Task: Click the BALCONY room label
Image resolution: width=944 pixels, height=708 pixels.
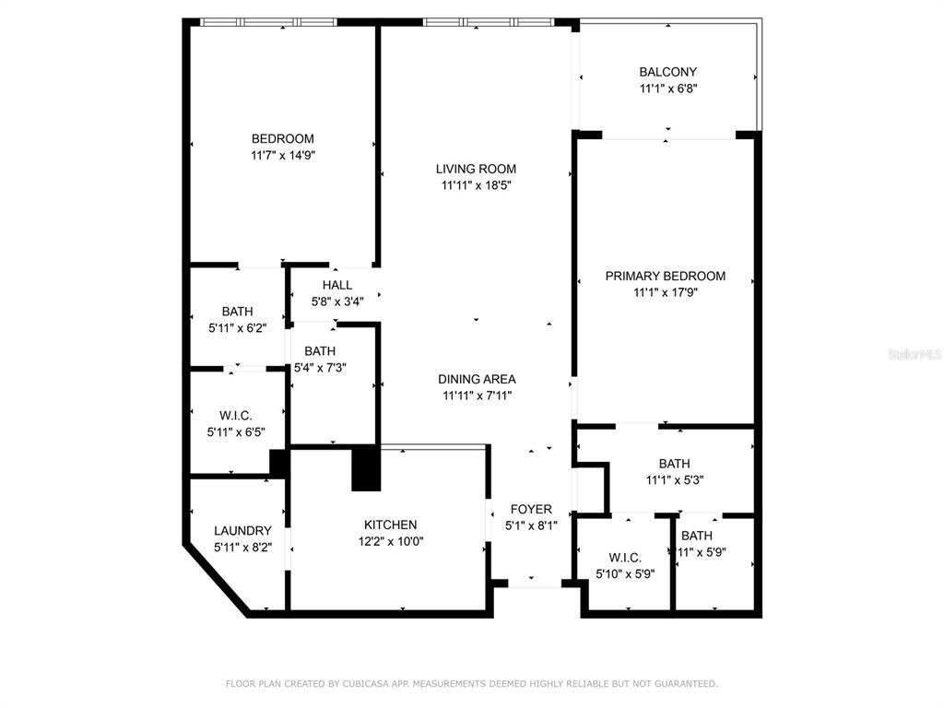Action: [667, 72]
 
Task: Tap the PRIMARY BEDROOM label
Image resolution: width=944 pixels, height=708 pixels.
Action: [666, 277]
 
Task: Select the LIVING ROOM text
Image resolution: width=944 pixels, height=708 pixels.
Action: [476, 170]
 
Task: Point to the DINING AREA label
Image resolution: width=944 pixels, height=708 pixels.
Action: [477, 379]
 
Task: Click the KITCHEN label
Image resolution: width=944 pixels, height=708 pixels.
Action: [390, 525]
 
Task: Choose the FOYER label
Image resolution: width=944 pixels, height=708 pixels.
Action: [531, 509]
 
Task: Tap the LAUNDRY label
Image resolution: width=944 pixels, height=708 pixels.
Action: [242, 531]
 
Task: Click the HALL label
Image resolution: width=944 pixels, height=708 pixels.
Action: [337, 286]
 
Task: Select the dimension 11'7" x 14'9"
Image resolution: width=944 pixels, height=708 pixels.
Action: [283, 155]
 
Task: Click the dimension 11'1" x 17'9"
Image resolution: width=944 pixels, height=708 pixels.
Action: [666, 292]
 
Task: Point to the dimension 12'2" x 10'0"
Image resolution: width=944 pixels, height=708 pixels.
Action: [391, 541]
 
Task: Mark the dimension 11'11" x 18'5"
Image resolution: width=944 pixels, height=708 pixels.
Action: [477, 185]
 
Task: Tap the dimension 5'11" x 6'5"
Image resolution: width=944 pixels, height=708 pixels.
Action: [236, 432]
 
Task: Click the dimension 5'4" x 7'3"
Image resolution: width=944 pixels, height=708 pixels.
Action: [320, 367]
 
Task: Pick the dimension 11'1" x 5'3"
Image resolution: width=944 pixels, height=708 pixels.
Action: [674, 480]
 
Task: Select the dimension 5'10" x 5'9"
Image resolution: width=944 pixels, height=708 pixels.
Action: [625, 574]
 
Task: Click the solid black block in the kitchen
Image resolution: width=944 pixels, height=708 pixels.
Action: [366, 467]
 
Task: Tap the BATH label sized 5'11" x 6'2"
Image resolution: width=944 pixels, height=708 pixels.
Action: [237, 312]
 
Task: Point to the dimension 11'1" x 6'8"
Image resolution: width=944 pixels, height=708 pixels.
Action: [668, 88]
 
